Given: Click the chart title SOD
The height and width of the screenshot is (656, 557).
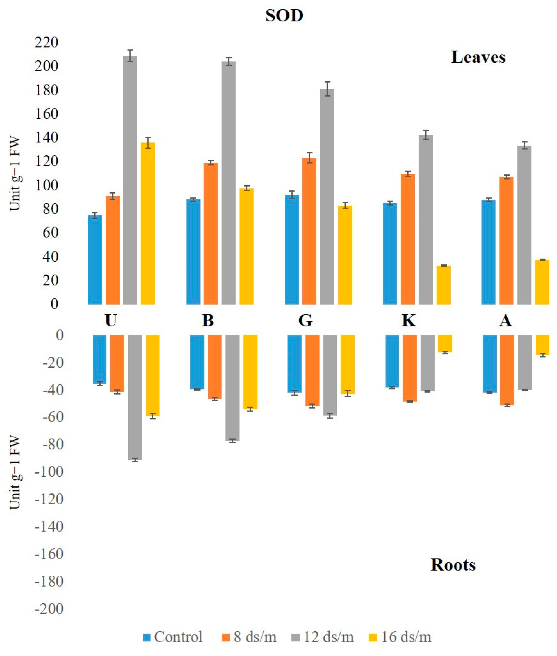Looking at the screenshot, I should (x=284, y=16).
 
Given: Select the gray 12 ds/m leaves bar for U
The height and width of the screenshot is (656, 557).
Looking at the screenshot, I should (x=130, y=179).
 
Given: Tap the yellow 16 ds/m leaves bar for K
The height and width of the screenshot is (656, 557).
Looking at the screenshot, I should (x=443, y=284).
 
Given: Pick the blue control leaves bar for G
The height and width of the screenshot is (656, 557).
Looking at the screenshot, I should (x=292, y=250).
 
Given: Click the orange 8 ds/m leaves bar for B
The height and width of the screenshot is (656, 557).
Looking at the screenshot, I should (x=211, y=234).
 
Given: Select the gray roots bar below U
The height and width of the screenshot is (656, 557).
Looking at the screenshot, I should (x=135, y=397).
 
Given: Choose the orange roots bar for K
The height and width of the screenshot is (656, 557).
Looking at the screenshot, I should (x=410, y=368).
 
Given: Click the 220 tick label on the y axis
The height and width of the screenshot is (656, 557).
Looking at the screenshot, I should (x=46, y=42).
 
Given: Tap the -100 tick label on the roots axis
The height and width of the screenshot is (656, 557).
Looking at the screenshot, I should (x=49, y=472).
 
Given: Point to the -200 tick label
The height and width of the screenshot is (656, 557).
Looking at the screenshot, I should (x=49, y=609).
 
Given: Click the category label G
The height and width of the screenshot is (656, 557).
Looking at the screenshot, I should (x=305, y=320).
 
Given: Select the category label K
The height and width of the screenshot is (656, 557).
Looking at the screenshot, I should (x=409, y=320).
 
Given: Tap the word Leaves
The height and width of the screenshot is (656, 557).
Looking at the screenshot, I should (x=478, y=57).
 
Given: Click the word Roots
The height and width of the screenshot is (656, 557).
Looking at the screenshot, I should (x=453, y=565).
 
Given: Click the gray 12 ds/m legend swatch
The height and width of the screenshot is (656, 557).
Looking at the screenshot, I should (x=295, y=637).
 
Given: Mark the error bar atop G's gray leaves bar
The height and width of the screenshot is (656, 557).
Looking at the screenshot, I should (x=327, y=89).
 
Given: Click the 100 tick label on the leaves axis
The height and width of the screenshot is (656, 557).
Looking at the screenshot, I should (x=46, y=185).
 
